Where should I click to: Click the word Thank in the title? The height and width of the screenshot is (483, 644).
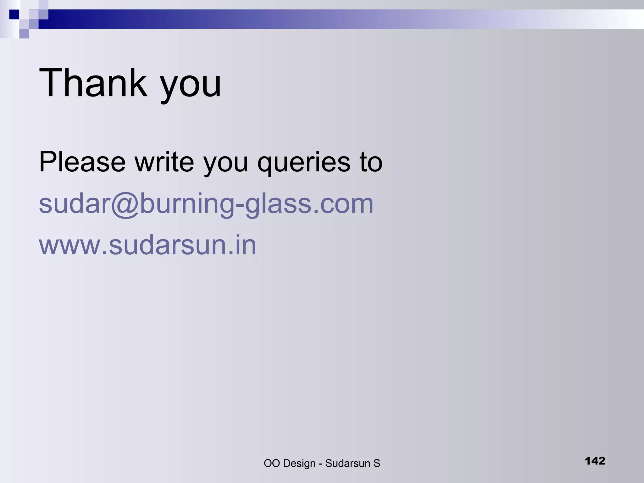[x=93, y=83]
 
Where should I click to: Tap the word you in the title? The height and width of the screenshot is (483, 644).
[x=191, y=85]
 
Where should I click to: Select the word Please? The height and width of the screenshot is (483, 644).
[x=82, y=162]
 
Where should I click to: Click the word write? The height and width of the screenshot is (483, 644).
[x=164, y=162]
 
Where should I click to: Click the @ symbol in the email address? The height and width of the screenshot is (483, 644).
[x=125, y=204]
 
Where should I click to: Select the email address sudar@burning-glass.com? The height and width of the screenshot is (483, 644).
[x=206, y=204]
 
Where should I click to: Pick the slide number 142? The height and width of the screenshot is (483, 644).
[x=595, y=461]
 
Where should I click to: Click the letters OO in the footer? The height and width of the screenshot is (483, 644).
[x=272, y=463]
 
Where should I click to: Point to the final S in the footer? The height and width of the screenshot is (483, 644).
[x=377, y=463]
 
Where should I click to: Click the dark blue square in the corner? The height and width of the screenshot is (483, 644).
[x=14, y=14]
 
